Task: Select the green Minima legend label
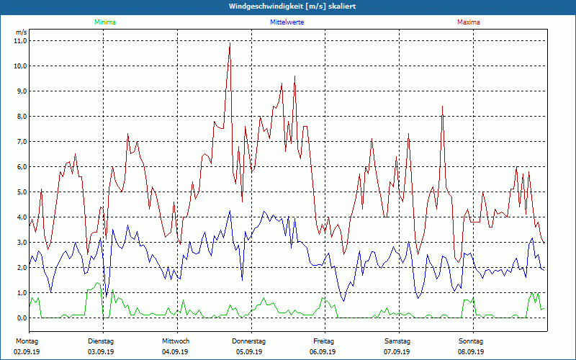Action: click(104, 22)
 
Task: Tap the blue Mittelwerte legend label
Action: click(287, 22)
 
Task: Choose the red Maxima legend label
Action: click(469, 22)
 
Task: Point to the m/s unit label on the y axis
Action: click(21, 32)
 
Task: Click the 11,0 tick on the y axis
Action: click(20, 41)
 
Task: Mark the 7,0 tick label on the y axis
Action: click(20, 142)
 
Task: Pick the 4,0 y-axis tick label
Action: click(20, 217)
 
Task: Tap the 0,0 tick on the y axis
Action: click(20, 318)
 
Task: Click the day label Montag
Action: click(27, 341)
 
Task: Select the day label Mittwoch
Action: click(176, 341)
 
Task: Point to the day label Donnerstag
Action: click(249, 341)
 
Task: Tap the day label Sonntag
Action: click(472, 341)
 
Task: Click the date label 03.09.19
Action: click(101, 352)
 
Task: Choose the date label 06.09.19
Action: click(323, 352)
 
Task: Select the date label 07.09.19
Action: click(397, 352)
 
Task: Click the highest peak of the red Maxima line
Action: click(230, 44)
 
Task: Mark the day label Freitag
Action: click(323, 341)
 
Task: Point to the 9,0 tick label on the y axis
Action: click(20, 91)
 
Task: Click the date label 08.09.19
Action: click(472, 352)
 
